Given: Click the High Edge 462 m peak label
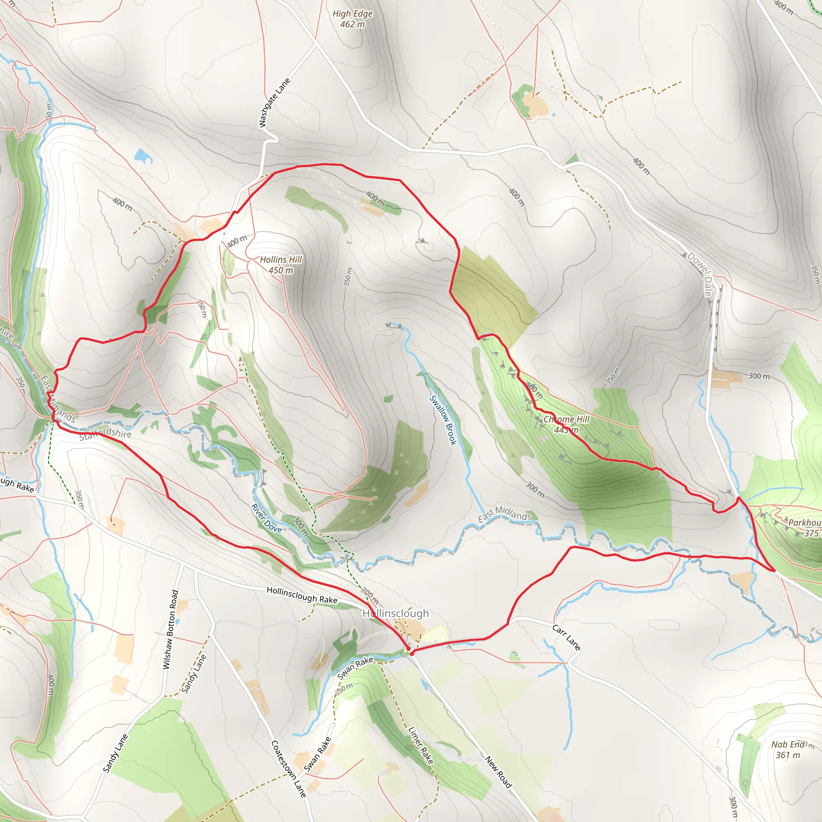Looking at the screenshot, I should pos(352,19).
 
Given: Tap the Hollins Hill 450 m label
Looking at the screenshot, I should pos(281,265).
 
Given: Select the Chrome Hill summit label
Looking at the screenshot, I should pos(566,424).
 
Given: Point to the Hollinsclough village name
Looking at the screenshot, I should pos(396,613).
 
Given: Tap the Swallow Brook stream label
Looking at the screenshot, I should pos(443,420).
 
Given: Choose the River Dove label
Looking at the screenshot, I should pos(267,518).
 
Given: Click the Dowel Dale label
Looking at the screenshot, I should pos(700,274).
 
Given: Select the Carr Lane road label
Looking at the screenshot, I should pos(566,637).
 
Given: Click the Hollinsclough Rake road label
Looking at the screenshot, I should pos(302,594).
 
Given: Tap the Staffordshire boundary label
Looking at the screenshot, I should pos(105,434).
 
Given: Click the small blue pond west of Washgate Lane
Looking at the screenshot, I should pos(143,156).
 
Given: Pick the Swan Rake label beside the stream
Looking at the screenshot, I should pos(355,667).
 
